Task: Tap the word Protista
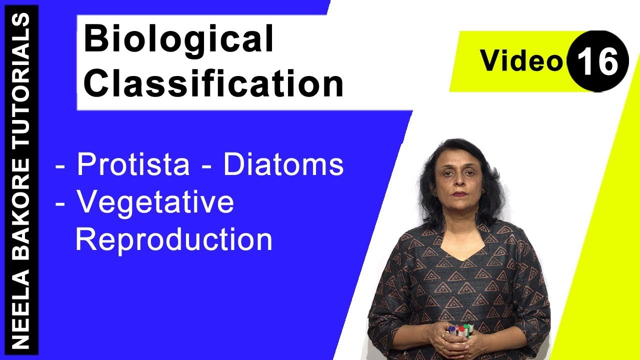(x=133, y=165)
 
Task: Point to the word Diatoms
(x=283, y=165)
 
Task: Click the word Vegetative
(x=155, y=202)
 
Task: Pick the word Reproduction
(x=173, y=240)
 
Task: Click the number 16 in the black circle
(x=598, y=61)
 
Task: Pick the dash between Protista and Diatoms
(x=207, y=167)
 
